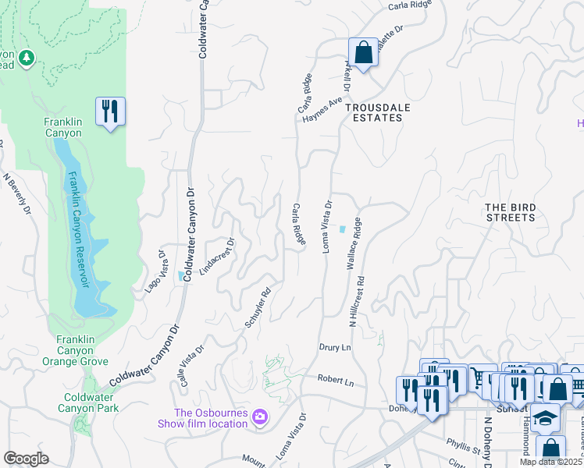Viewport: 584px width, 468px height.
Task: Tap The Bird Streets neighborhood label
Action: tap(510, 212)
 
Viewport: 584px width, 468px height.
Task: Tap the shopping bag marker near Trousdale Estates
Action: tap(363, 53)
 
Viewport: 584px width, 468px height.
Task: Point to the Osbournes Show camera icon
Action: tap(259, 419)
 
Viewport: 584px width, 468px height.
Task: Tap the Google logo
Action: tap(26, 459)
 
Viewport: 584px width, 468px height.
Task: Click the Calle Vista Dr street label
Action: tap(191, 361)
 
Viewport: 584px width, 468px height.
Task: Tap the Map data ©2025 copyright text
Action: tap(551, 462)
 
